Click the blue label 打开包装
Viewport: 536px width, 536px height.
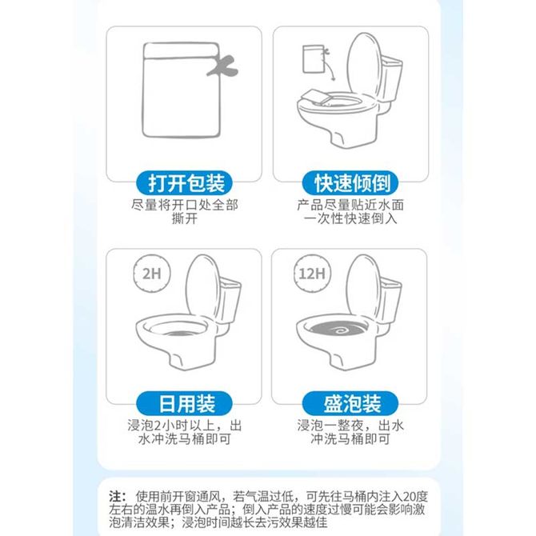184,183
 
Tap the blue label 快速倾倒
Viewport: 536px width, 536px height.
350,183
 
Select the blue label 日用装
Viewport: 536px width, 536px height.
184,404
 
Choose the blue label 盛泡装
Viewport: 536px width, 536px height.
350,404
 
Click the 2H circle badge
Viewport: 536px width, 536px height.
152,274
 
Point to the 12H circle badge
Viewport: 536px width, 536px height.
312,274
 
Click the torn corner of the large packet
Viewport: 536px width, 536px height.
222,66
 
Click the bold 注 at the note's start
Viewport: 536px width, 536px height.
115,496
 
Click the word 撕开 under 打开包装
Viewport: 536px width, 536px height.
185,218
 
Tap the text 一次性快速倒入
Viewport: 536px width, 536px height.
350,218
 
